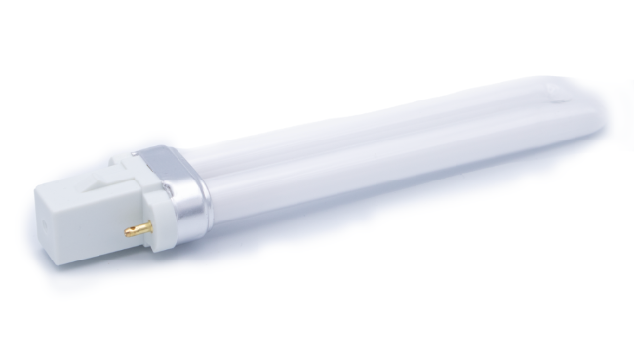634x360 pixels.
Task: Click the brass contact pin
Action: coord(139,229)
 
